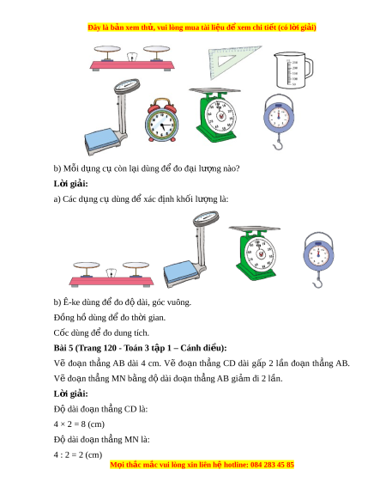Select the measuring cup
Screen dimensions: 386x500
pyautogui.click(x=293, y=70)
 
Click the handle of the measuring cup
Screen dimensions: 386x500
pyautogui.click(x=309, y=68)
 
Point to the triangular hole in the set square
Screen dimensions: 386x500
pyautogui.click(x=226, y=60)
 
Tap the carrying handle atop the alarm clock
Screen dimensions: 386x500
pyautogui.click(x=162, y=103)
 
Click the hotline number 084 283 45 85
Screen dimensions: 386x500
pyautogui.click(x=272, y=465)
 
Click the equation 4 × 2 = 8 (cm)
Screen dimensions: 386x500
pyautogui.click(x=79, y=424)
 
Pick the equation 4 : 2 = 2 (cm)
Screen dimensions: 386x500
pyautogui.click(x=78, y=454)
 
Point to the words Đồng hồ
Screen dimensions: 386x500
pyautogui.click(x=64, y=318)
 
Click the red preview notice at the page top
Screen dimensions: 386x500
pyautogui.click(x=202, y=27)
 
